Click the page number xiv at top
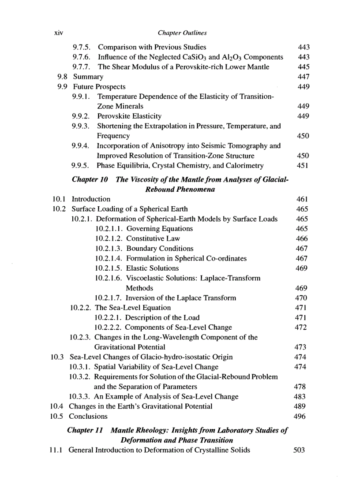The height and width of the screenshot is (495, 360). (x=57, y=33)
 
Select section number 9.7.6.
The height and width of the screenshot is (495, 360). (x=82, y=57)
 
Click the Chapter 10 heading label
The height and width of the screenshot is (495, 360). (x=90, y=179)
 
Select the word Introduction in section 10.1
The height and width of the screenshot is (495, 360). (x=91, y=199)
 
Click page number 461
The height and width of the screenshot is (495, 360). (x=303, y=199)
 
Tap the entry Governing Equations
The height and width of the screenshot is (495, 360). (x=159, y=229)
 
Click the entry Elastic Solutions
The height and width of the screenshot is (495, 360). (x=152, y=268)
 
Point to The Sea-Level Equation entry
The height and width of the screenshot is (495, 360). (x=133, y=308)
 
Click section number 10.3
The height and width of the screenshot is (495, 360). (x=58, y=357)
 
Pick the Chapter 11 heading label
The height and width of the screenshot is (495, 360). (x=86, y=430)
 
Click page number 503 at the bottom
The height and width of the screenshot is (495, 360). (x=299, y=450)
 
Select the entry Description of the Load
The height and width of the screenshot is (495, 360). (x=162, y=317)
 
